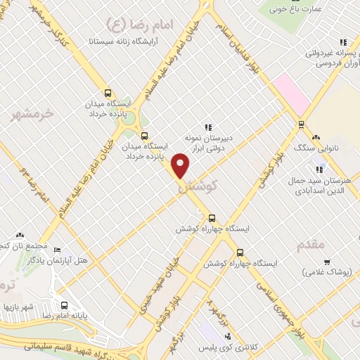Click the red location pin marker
pos(181,166)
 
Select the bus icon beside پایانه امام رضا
pos(64,307)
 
